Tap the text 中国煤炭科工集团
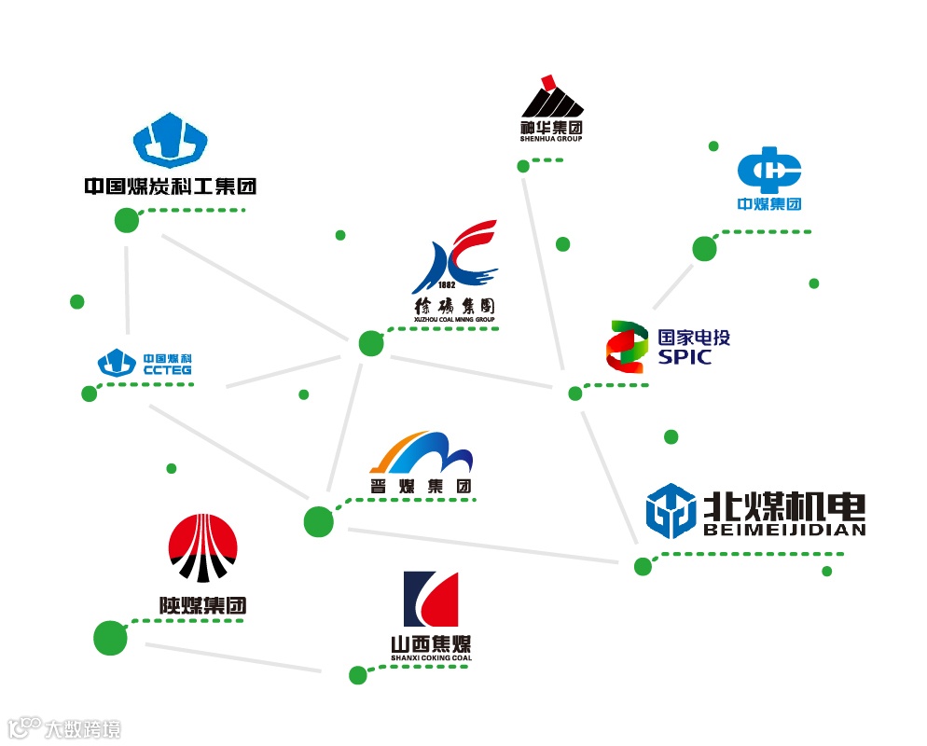click(x=170, y=186)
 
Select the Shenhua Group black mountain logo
click(x=551, y=99)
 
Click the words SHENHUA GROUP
click(x=551, y=139)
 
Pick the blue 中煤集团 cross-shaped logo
click(x=769, y=171)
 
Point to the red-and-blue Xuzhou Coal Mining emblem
click(x=457, y=257)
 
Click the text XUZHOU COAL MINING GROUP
click(x=453, y=320)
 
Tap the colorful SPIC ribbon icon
click(x=627, y=347)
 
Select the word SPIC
click(x=685, y=357)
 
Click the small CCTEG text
click(x=168, y=370)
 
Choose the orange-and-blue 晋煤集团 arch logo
click(x=422, y=452)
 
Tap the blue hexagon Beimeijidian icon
click(x=671, y=511)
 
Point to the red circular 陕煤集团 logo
click(x=202, y=548)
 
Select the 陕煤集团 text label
click(x=202, y=605)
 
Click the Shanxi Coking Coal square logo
click(x=431, y=599)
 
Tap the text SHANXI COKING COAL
click(x=431, y=658)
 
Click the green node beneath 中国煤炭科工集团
click(x=127, y=221)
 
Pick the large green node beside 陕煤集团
click(x=110, y=637)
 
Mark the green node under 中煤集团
click(x=704, y=249)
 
